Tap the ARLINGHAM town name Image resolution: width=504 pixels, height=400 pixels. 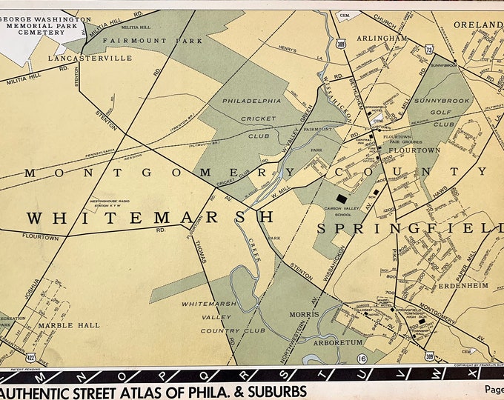coord(381,39)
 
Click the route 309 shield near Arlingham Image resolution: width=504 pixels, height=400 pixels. coord(340,45)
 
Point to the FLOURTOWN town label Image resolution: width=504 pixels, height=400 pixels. coord(419,150)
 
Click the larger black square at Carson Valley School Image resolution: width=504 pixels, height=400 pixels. coord(341,199)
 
